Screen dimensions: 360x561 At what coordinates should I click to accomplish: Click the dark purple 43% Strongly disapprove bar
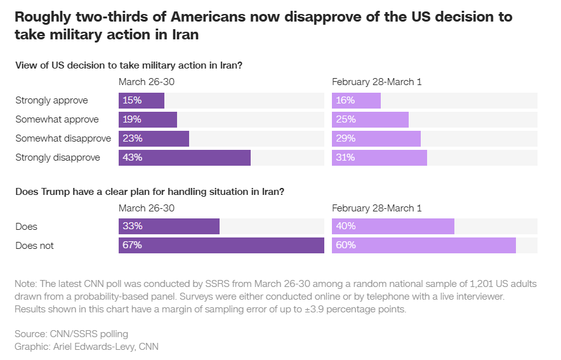(185, 157)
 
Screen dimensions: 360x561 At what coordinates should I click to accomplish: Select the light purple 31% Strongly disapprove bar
(379, 157)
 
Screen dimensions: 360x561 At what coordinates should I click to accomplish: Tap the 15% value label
(133, 100)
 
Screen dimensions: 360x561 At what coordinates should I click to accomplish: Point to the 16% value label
(346, 100)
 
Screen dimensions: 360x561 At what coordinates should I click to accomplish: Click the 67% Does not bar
(221, 245)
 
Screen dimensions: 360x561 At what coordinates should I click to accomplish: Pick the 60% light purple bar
(423, 245)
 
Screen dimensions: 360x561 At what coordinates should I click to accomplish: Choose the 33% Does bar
(169, 226)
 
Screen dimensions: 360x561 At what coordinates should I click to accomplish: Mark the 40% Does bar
(393, 226)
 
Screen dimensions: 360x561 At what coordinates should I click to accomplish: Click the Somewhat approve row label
(56, 119)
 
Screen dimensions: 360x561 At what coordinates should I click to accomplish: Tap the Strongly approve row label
(51, 100)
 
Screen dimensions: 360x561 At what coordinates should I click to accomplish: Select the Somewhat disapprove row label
(63, 138)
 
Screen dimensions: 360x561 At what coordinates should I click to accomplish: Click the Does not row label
(34, 245)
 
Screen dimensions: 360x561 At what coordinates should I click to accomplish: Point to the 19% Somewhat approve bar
(148, 119)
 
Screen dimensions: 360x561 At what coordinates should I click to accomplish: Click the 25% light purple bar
(370, 119)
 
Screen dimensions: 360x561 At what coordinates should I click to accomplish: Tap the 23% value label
(133, 138)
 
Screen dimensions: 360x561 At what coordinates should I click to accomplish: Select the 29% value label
(346, 138)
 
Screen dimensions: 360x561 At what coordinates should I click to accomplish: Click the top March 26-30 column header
(147, 82)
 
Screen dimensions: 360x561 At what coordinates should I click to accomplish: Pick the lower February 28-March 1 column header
(377, 208)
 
